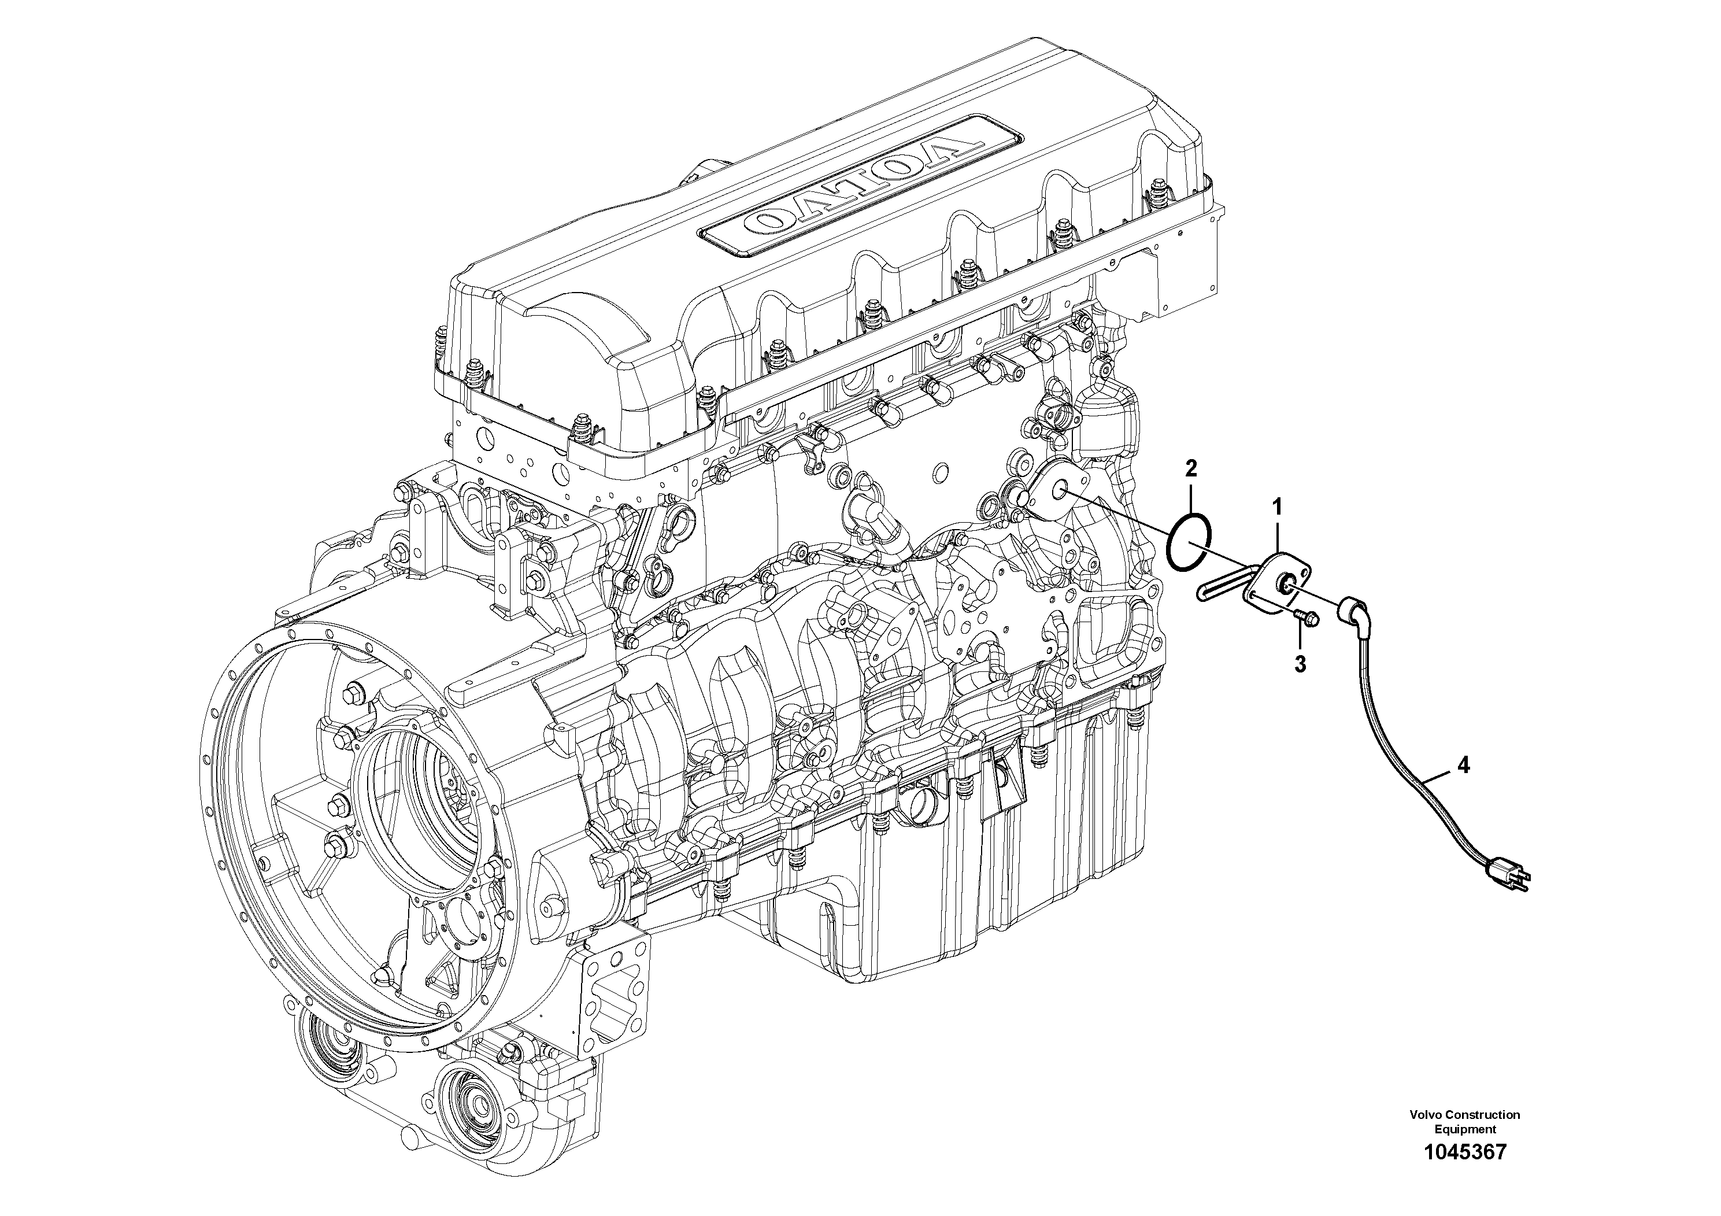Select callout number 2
(1191, 470)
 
